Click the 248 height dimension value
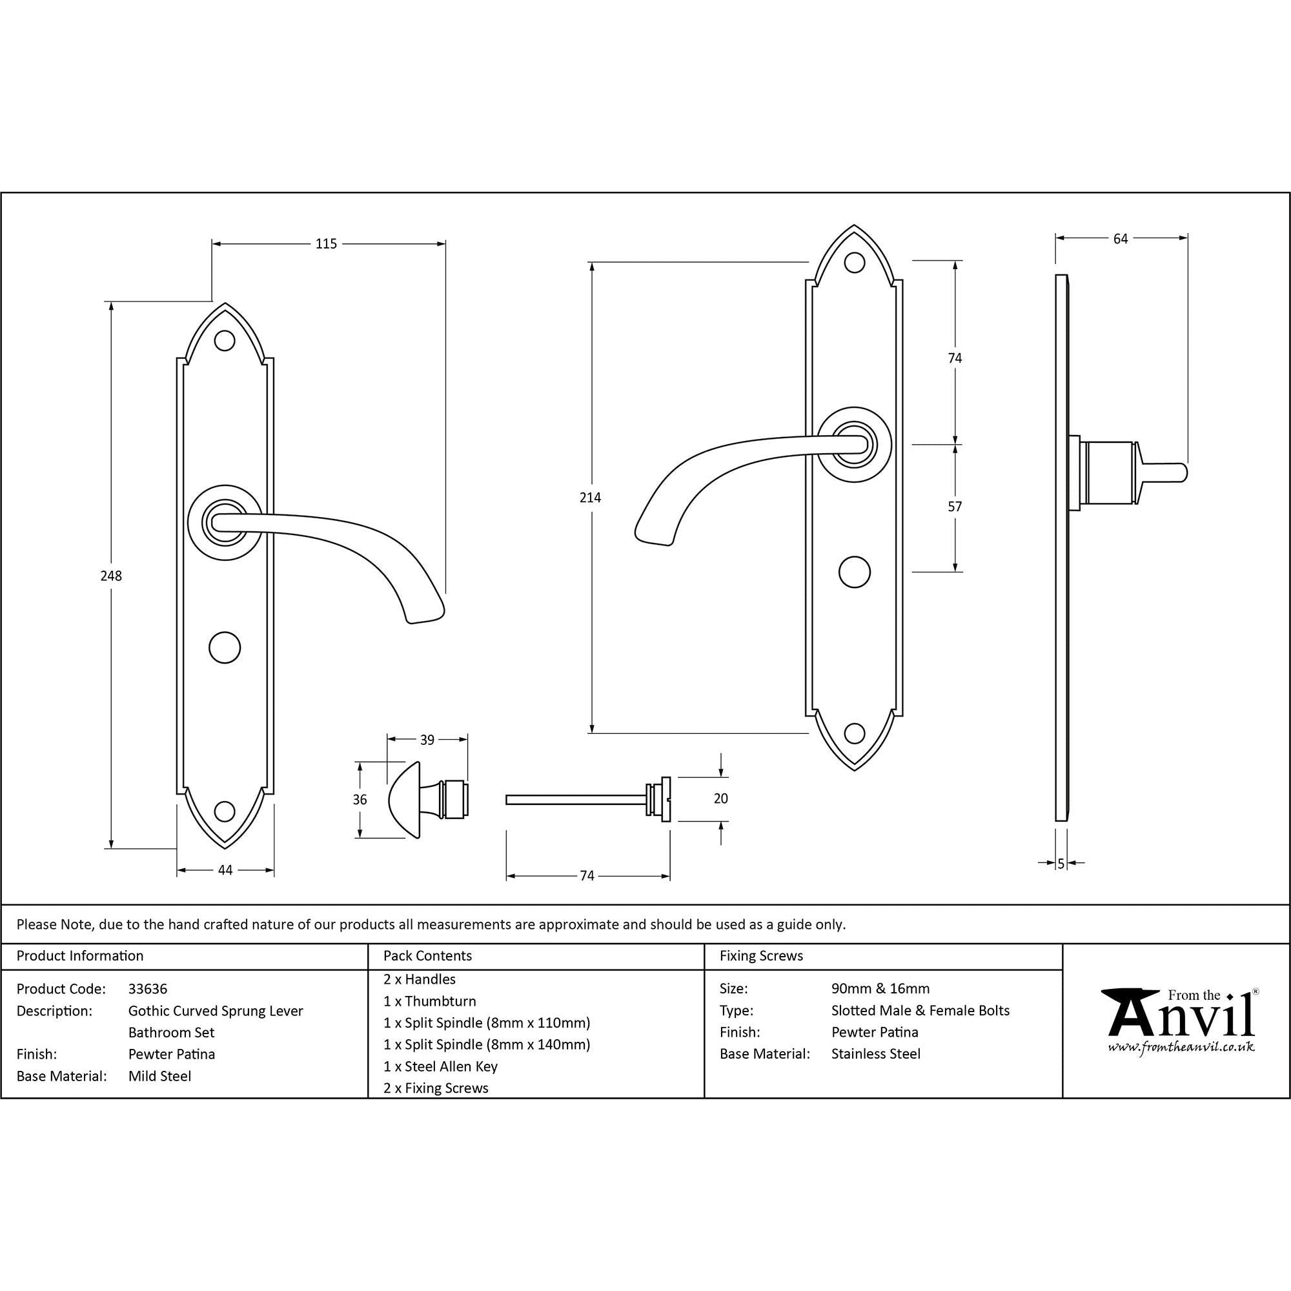111,575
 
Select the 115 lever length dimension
326,244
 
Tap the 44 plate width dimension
225,870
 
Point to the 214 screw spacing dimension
590,497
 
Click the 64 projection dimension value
1121,239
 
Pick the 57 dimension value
955,507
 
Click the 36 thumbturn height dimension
360,800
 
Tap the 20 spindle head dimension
720,798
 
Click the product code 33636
148,989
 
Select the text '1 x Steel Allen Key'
440,1066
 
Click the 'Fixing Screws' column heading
761,956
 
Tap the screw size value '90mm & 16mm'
880,989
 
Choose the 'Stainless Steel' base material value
875,1054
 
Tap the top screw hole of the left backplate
225,341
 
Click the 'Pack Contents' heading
428,956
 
